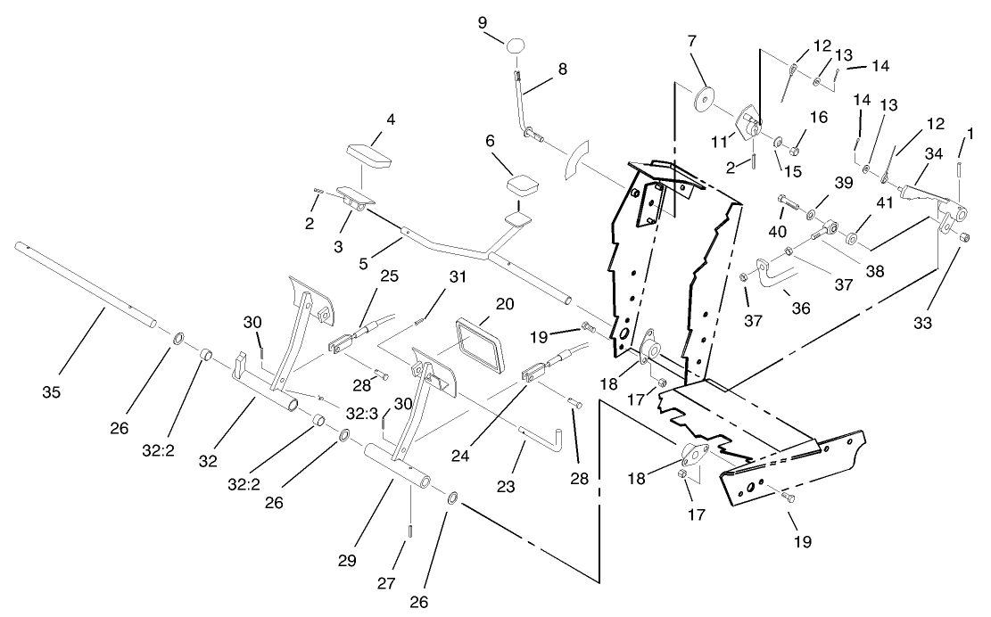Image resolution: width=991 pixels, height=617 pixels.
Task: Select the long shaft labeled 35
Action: point(89,285)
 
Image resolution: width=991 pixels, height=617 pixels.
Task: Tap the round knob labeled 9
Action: point(517,45)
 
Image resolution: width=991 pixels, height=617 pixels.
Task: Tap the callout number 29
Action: point(347,561)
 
